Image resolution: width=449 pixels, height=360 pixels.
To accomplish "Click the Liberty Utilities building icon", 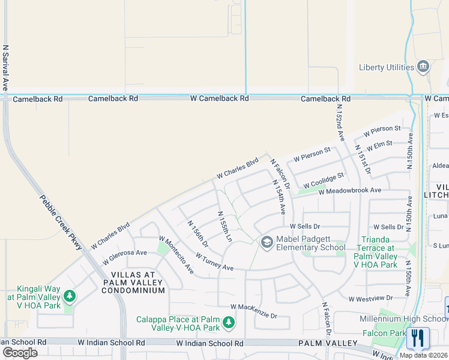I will [x=424, y=66].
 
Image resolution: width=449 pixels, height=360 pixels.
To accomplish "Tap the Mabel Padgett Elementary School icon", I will [x=267, y=242].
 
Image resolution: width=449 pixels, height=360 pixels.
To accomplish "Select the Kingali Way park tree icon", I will [x=70, y=296].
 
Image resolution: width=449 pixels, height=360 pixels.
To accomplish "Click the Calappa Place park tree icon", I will [x=228, y=323].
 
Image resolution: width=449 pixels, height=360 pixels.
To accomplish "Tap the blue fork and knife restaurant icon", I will [x=418, y=338].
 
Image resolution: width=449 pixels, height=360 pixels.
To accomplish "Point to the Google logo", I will [x=20, y=353].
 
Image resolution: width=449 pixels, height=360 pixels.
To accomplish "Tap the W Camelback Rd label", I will [x=220, y=98].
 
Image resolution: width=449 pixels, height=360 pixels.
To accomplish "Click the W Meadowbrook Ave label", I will [x=350, y=190].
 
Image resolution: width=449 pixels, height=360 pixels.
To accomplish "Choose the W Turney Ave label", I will [x=214, y=261].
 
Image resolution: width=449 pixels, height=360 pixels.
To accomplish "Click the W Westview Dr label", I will [x=370, y=298].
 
